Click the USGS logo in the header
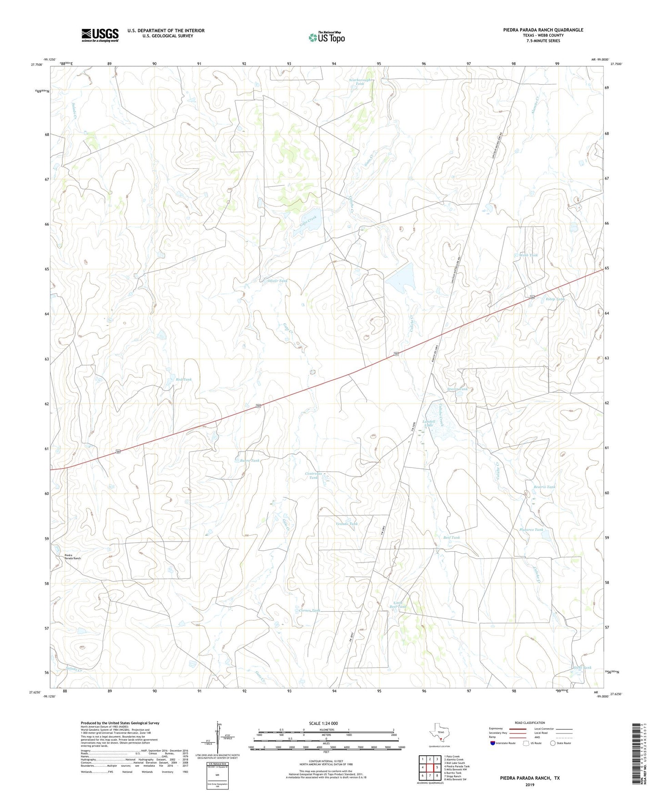tap(100, 35)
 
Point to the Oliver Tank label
tap(277, 281)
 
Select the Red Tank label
tap(184, 379)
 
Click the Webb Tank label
tap(528, 255)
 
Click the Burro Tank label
tap(250, 461)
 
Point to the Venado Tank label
tap(346, 524)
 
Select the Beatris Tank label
tap(544, 487)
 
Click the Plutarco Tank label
tap(531, 530)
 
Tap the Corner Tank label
tap(310, 610)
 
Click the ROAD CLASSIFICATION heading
tap(530, 723)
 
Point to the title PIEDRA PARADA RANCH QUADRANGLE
tap(543, 30)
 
